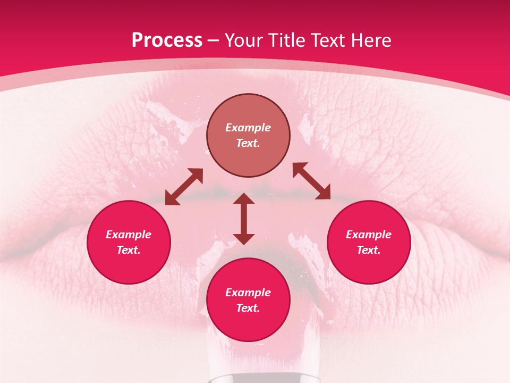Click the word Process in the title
167,40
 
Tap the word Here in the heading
371,40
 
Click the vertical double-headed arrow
244,219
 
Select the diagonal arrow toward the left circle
184,187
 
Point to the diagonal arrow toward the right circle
311,181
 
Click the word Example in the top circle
248,128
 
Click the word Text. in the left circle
129,250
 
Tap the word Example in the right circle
369,235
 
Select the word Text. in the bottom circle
248,308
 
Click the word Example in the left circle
129,235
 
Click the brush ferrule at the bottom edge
264,379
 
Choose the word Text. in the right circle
369,250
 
